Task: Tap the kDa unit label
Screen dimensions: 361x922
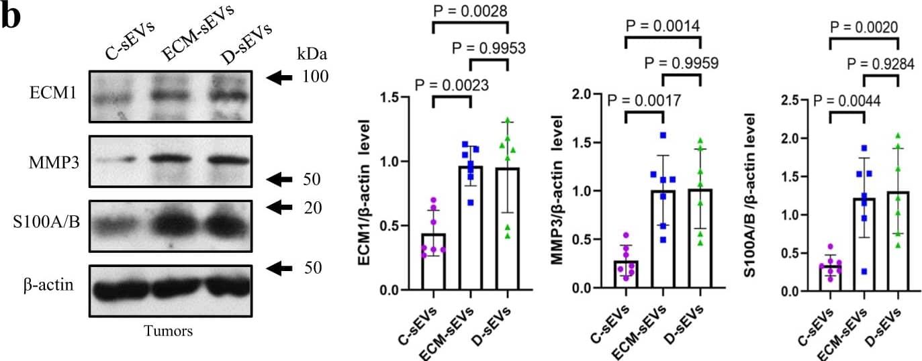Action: tap(307, 53)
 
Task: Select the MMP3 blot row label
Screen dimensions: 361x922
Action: tap(52, 161)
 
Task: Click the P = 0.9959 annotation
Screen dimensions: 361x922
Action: tap(681, 64)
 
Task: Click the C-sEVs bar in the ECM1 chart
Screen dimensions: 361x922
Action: tap(434, 262)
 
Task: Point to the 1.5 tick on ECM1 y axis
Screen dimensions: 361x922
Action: tap(396, 97)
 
